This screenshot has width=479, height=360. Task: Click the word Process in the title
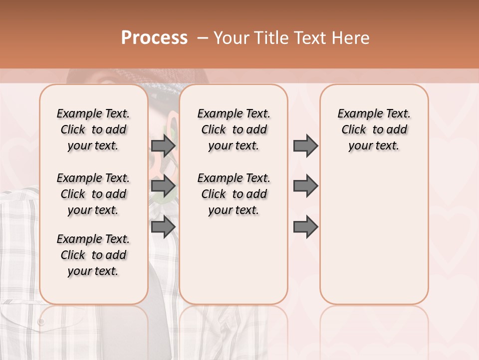154,38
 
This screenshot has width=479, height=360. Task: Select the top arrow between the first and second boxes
163,145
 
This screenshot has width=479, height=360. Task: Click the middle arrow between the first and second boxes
163,186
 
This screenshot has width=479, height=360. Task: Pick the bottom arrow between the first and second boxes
163,226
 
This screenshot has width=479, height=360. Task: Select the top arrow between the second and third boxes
305,145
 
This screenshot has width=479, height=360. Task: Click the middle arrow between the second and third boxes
305,186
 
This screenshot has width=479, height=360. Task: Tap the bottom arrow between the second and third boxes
305,226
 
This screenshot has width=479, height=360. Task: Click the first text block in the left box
93,129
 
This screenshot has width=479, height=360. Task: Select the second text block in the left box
93,194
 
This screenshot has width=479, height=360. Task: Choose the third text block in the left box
93,255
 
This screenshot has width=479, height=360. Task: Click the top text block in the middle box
234,129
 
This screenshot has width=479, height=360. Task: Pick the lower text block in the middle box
234,194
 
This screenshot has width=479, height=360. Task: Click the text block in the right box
374,129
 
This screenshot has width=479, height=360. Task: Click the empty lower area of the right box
374,240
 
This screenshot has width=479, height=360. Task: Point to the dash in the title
202,38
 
